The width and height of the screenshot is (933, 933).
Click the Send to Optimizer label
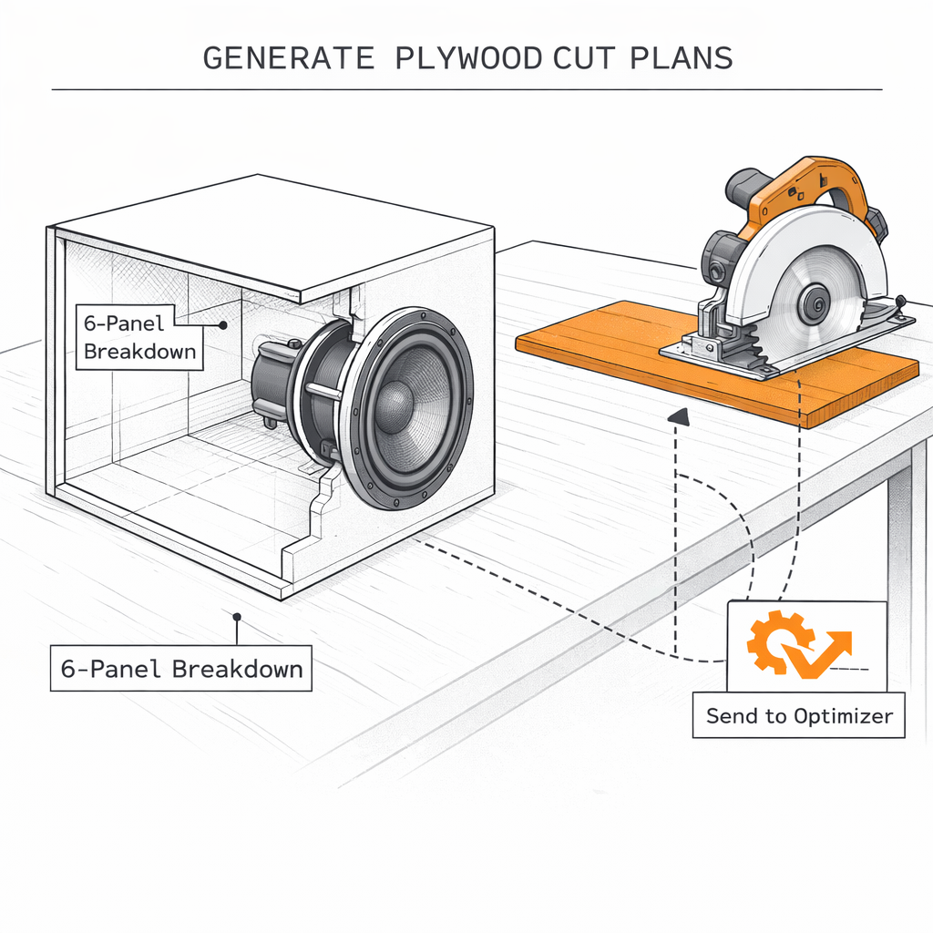click(799, 716)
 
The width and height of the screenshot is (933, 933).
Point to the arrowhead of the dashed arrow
click(677, 416)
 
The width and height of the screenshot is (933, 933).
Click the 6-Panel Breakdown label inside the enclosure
click(139, 336)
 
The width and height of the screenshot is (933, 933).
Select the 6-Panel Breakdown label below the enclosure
click(181, 669)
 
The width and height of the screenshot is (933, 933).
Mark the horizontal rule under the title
click(466, 89)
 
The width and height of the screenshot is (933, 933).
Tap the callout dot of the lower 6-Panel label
click(236, 617)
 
